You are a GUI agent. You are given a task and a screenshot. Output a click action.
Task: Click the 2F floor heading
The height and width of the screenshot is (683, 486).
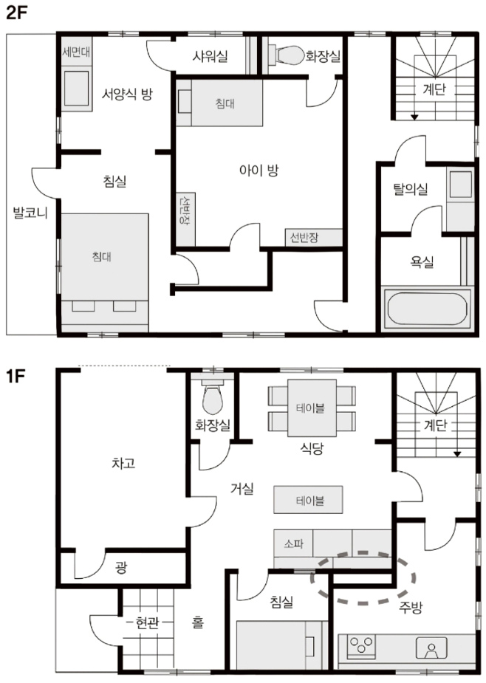coord(16,13)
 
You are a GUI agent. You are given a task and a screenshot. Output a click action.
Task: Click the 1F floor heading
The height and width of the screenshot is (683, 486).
coord(16,376)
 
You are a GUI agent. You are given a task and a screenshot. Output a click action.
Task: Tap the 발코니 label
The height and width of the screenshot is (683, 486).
coord(30,213)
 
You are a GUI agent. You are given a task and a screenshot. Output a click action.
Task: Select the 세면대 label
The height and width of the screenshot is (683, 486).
coord(76,52)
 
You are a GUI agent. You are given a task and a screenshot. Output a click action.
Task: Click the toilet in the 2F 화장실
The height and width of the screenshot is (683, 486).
coord(287,55)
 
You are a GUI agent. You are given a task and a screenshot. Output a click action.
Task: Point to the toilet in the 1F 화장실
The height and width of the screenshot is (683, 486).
coord(213,398)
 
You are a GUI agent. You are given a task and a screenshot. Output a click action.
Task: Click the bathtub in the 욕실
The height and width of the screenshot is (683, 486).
coord(427,309)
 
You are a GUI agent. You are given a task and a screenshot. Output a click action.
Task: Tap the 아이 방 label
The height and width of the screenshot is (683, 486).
coord(259,170)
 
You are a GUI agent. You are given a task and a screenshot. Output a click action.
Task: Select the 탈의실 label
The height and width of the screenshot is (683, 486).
coord(411,189)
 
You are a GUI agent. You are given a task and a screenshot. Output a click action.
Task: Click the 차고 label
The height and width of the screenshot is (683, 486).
coord(124,462)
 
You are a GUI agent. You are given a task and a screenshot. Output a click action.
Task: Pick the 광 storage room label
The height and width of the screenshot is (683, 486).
coord(120,567)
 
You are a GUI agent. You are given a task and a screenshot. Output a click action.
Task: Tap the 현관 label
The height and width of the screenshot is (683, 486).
coord(147,623)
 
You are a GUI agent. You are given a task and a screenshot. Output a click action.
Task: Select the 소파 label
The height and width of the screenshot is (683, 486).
coord(294,543)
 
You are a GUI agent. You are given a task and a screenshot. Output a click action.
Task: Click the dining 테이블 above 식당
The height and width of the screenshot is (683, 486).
coord(312,408)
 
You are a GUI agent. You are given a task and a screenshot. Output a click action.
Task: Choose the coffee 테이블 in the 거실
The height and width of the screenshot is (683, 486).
coord(308,500)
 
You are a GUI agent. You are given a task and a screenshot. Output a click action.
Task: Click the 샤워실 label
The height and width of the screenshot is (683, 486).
coord(210,56)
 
